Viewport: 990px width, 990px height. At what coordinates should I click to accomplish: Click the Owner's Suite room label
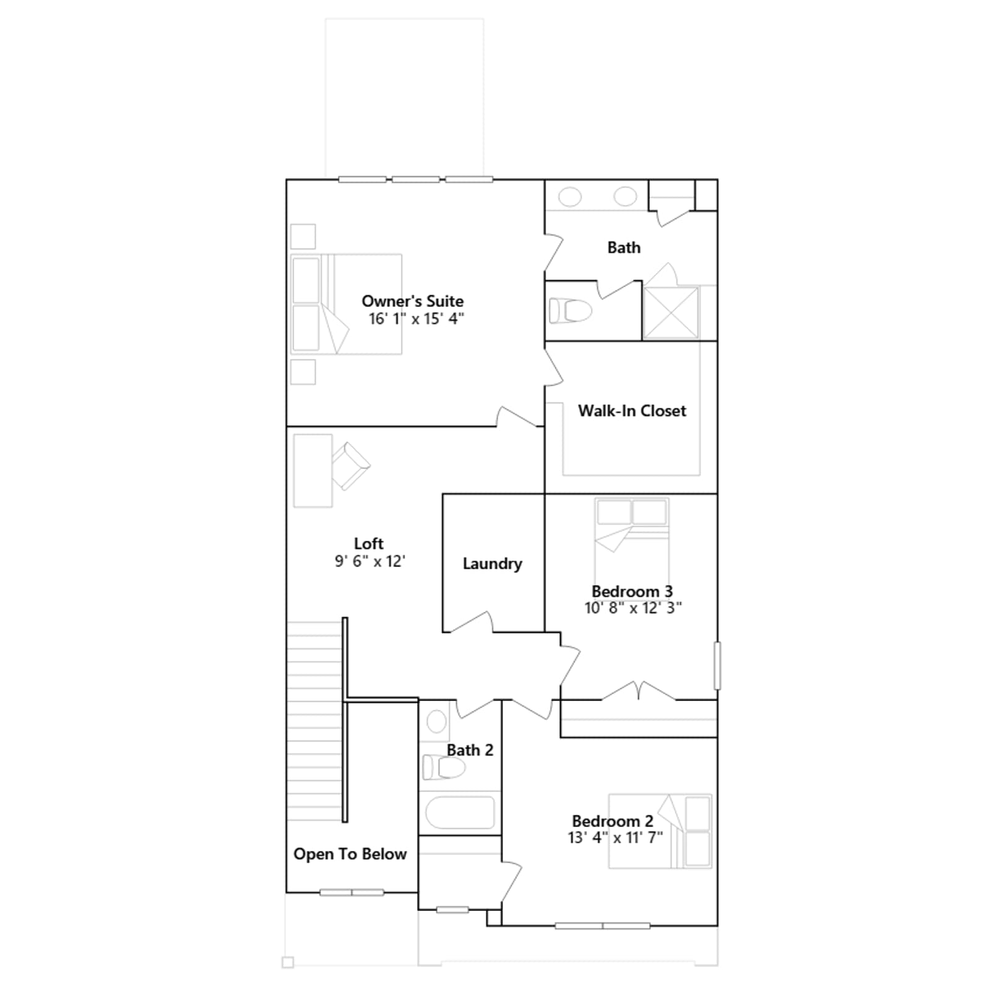point(413,301)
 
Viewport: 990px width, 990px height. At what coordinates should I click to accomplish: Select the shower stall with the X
point(671,312)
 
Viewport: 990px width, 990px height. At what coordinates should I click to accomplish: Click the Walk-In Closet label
point(632,411)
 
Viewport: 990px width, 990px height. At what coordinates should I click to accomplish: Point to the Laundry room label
point(493,564)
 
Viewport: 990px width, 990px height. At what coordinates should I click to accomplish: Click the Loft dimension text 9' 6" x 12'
point(370,561)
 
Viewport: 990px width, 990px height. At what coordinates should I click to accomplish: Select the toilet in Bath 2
point(444,768)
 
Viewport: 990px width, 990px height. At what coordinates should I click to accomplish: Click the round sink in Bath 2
point(437,721)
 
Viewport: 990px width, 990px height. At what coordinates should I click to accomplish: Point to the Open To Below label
point(350,854)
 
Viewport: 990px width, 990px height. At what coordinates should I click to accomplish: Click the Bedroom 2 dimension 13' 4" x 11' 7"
point(615,838)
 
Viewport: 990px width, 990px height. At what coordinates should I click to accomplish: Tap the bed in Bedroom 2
point(660,831)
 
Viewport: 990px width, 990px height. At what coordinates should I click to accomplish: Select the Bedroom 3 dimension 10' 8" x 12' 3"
point(633,608)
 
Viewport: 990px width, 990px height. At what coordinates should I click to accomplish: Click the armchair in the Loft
point(351,465)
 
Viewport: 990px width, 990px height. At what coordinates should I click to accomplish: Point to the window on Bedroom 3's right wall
point(717,666)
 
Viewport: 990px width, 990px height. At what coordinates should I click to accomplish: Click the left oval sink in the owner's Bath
point(570,197)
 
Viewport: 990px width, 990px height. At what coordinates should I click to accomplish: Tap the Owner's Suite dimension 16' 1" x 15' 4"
point(416,319)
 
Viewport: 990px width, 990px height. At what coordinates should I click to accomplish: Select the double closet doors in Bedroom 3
point(639,691)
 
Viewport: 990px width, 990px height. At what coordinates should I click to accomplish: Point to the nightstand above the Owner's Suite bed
point(303,236)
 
